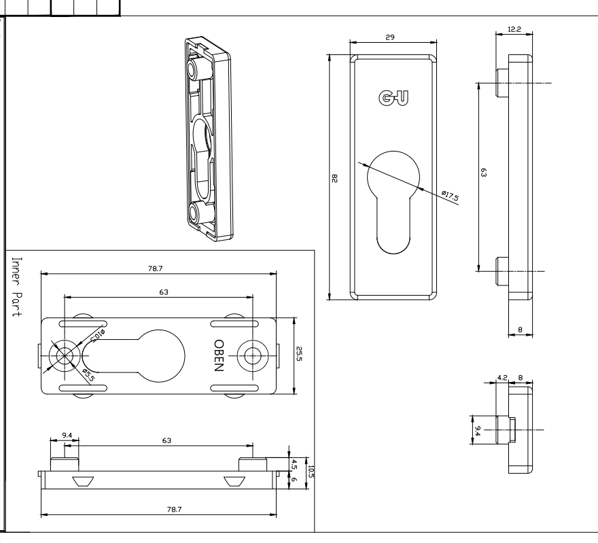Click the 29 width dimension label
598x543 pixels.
[389, 37]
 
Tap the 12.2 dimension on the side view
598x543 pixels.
[514, 29]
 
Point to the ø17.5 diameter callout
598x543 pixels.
[450, 196]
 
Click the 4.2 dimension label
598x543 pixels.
[502, 376]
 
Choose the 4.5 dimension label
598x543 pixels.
[294, 465]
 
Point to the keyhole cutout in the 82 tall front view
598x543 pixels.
[392, 197]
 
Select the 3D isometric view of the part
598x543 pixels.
[207, 140]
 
